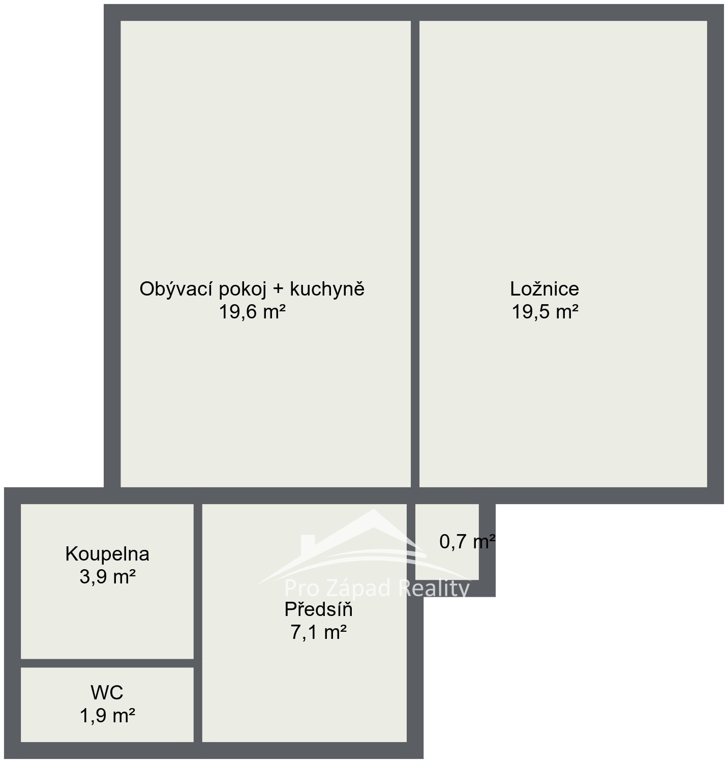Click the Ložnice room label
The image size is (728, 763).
point(544,289)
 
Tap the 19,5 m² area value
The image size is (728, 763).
point(544,311)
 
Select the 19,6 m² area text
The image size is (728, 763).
point(252,311)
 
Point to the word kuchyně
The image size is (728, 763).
point(327,289)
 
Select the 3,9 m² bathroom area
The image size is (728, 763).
point(107,577)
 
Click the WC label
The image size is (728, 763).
point(107,693)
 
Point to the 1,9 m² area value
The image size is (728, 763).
point(107,716)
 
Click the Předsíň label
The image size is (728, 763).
point(318,609)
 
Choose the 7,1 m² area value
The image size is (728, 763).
point(318,632)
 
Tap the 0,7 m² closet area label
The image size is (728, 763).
point(467,542)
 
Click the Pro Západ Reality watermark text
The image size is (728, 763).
point(376,589)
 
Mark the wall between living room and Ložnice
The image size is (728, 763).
point(415,254)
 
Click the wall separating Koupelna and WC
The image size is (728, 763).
point(107,663)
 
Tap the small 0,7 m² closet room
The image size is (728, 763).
point(447,542)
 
